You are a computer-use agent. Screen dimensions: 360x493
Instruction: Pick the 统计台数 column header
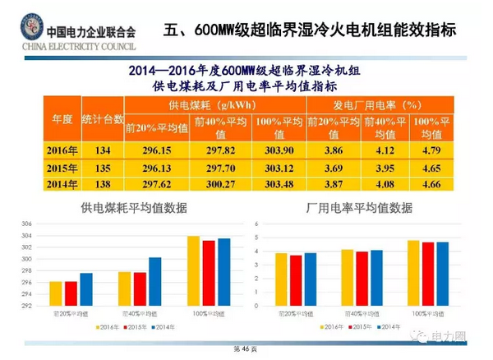tap(102, 120)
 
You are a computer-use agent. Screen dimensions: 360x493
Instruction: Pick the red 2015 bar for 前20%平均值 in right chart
tap(295, 280)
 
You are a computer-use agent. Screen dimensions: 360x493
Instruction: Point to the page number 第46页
tap(246, 349)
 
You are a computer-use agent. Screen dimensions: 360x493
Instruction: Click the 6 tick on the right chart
tap(256, 224)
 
